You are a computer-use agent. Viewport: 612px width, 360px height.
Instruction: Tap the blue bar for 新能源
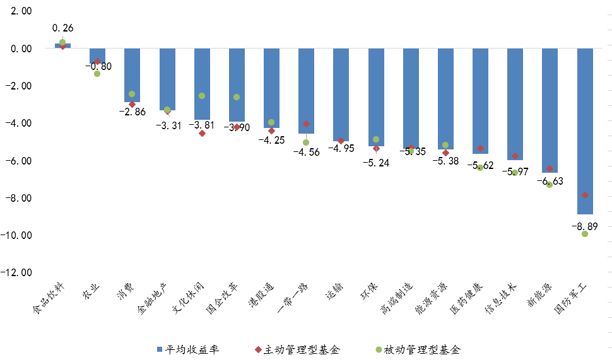point(550,110)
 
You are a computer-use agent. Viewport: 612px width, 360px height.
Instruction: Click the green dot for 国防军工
point(585,234)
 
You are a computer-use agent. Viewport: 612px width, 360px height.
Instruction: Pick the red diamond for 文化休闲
point(202,133)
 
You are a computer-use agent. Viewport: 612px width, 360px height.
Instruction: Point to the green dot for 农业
point(97,74)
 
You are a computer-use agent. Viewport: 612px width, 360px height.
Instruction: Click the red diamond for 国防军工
point(585,195)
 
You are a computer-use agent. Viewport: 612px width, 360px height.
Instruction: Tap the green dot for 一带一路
point(306,142)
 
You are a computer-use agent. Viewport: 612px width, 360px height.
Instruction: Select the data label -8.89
point(586,225)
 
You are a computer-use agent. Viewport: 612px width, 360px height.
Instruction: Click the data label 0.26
point(63,28)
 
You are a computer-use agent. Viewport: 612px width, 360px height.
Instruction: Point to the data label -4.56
point(307,151)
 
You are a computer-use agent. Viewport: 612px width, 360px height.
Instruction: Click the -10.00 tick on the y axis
point(18,235)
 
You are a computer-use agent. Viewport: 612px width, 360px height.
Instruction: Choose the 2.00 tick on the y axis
point(20,11)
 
